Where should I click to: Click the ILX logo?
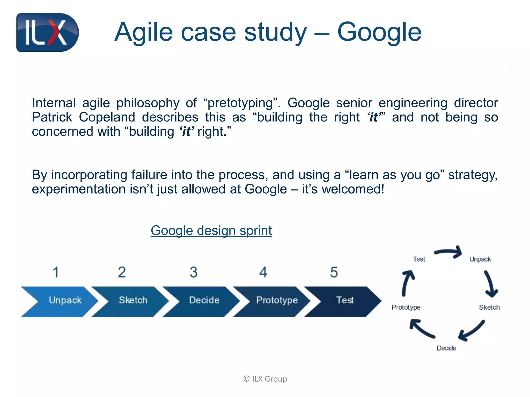[x=47, y=32]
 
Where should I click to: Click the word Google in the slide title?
[x=379, y=32]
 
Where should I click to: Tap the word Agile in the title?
[x=144, y=32]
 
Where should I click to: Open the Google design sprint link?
[x=211, y=230]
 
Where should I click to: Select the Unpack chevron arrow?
[x=62, y=301]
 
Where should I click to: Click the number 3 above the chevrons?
[x=193, y=272]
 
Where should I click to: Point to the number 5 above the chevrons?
[x=334, y=272]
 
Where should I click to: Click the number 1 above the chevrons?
[x=56, y=272]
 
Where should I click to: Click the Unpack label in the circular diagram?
[x=480, y=259]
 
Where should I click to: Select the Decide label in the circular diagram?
[x=446, y=348]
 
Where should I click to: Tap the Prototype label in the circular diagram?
[x=406, y=307]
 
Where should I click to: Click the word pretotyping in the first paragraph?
[x=240, y=103]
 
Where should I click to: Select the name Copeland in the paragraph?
[x=107, y=117]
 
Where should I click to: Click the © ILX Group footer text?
[x=265, y=379]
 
